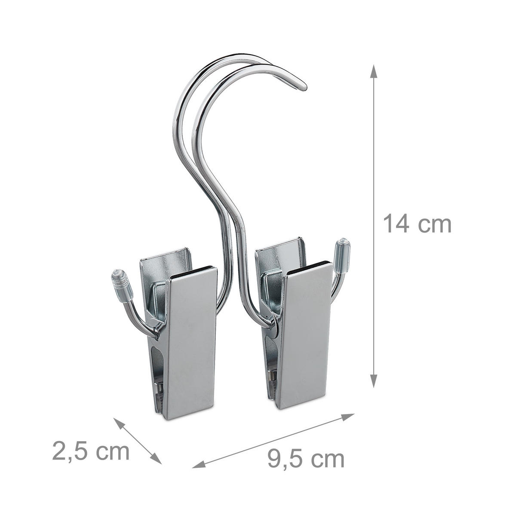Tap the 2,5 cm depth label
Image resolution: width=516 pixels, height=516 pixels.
point(91,451)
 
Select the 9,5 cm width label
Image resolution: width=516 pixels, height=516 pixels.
point(306,459)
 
